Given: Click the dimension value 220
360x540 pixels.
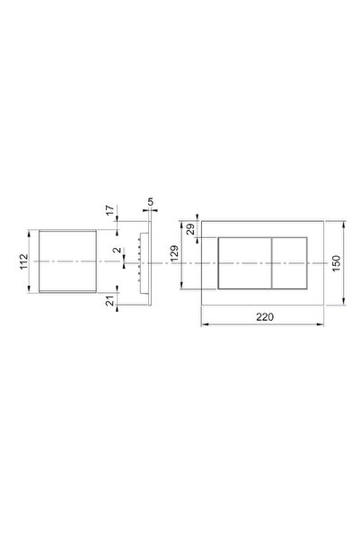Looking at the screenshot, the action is pyautogui.click(x=265, y=317).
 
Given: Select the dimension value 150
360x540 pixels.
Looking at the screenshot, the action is pyautogui.click(x=337, y=263).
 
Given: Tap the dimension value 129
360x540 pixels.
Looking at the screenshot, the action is pyautogui.click(x=174, y=253).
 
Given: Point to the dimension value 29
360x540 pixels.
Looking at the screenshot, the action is pyautogui.click(x=190, y=229).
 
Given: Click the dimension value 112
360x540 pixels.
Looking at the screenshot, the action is pyautogui.click(x=23, y=261).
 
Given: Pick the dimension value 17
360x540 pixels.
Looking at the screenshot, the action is pyautogui.click(x=110, y=210).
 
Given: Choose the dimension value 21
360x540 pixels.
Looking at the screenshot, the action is pyautogui.click(x=110, y=301).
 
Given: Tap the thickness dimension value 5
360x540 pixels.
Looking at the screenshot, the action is pyautogui.click(x=151, y=202).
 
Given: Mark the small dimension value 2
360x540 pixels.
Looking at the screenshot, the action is pyautogui.click(x=118, y=250).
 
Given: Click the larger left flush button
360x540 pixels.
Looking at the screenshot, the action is pyautogui.click(x=245, y=263).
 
